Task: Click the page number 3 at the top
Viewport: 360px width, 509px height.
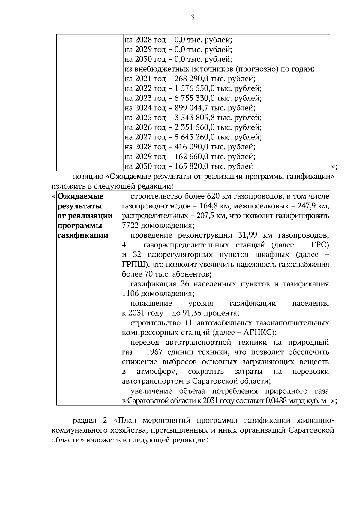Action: point(193,18)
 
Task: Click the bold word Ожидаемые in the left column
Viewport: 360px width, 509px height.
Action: point(80,196)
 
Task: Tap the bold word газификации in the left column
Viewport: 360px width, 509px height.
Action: point(82,235)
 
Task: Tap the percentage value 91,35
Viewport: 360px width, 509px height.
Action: point(193,313)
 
